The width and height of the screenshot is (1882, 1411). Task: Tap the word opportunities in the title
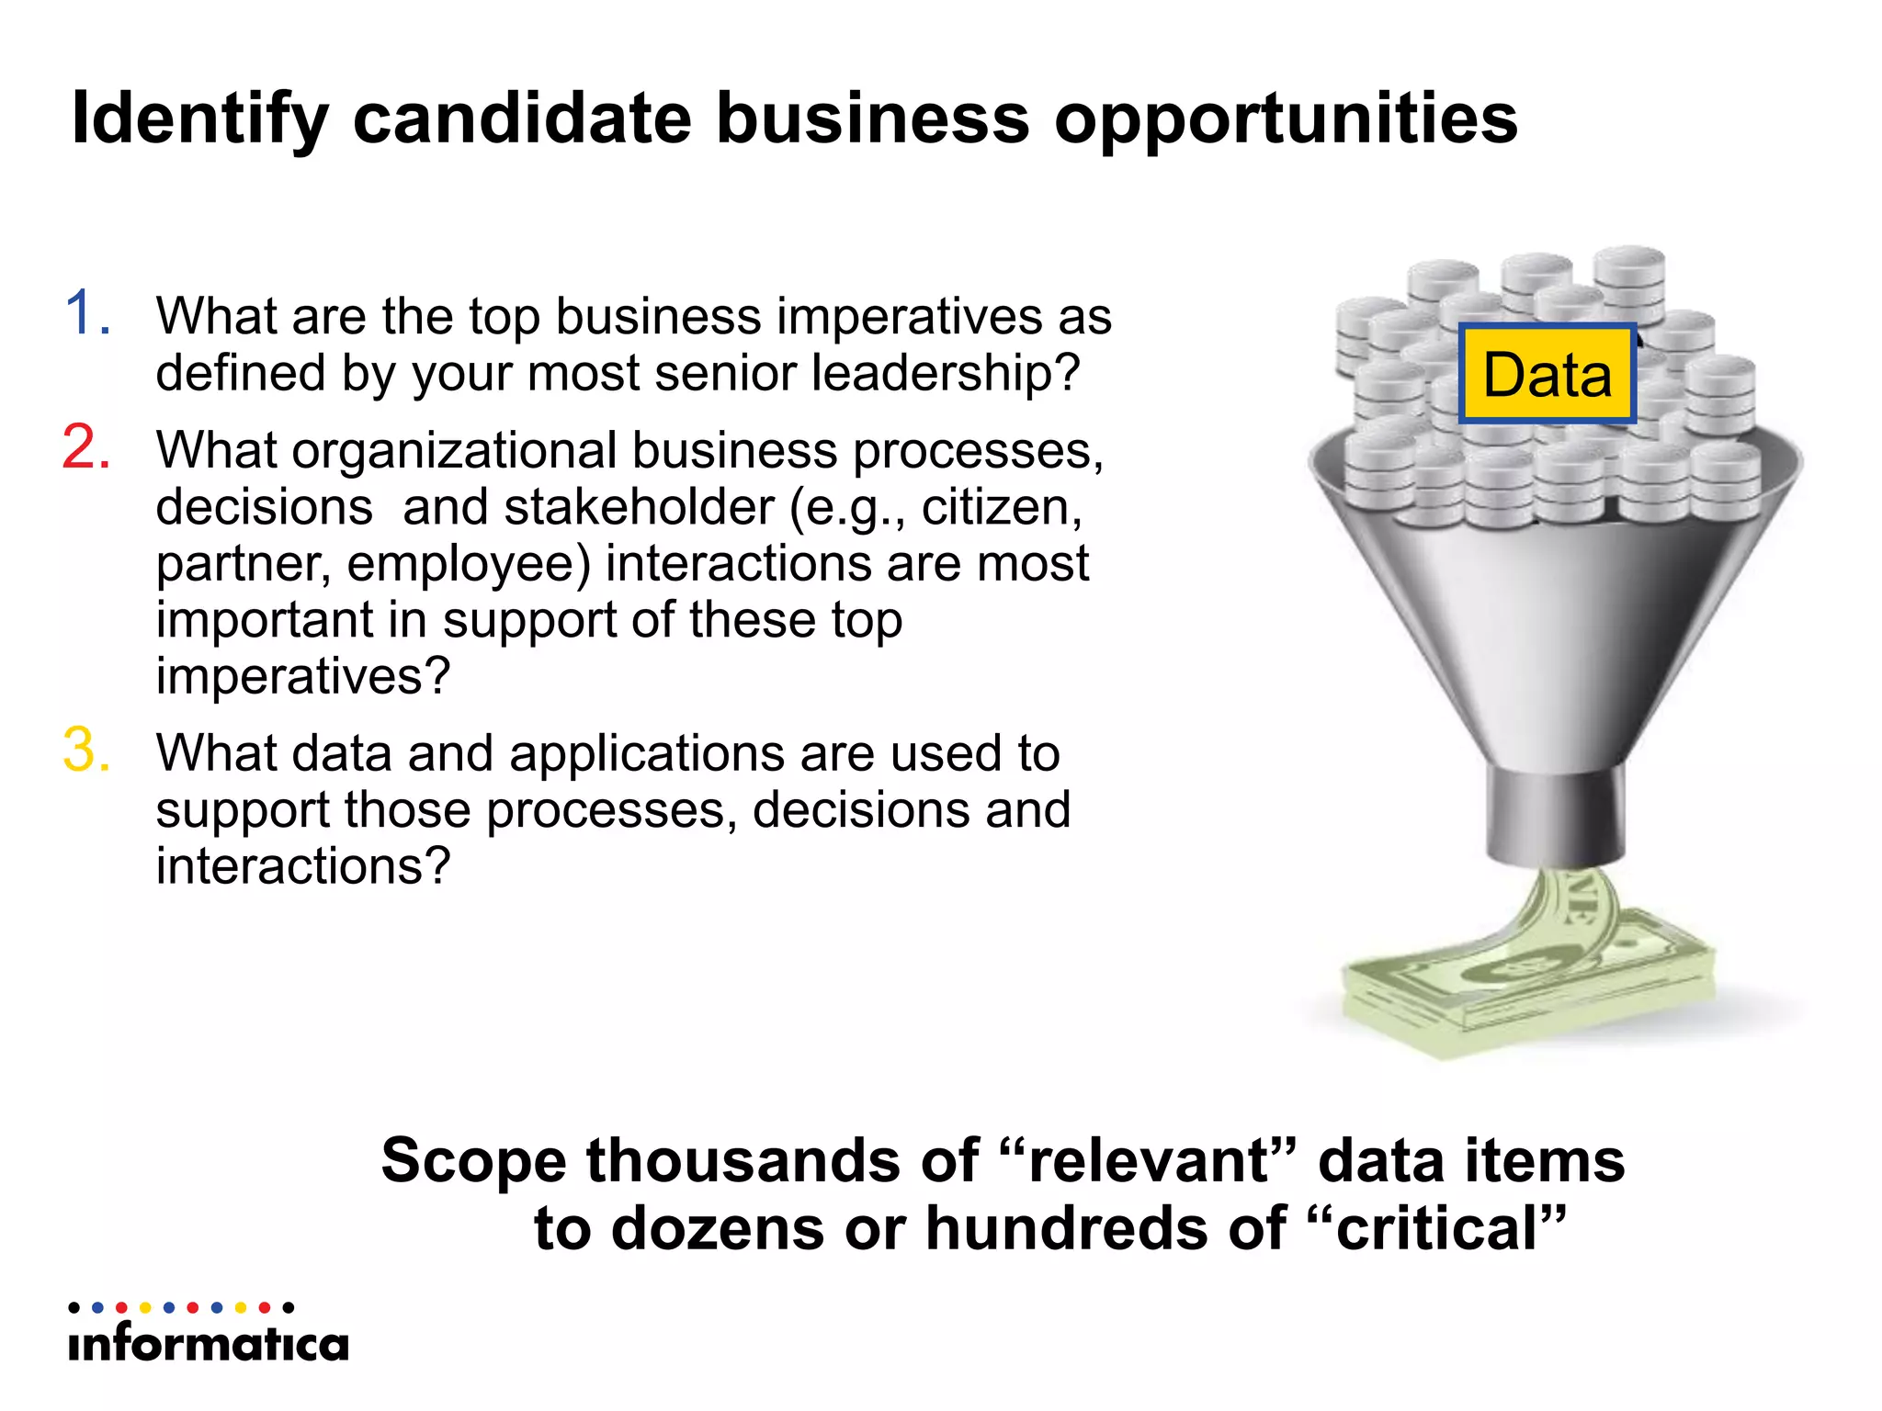pyautogui.click(x=1286, y=119)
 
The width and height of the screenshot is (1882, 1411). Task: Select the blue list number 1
pyautogui.click(x=88, y=313)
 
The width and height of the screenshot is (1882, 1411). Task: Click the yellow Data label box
pyautogui.click(x=1548, y=374)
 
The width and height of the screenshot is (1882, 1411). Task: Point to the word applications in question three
pyautogui.click(x=647, y=754)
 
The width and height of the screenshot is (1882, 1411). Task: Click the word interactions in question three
pyautogui.click(x=302, y=866)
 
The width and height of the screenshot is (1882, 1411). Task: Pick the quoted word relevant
pyautogui.click(x=1149, y=1160)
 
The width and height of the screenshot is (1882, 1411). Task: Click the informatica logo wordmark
pyautogui.click(x=209, y=1344)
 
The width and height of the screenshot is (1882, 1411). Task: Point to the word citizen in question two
pyautogui.click(x=1002, y=507)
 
